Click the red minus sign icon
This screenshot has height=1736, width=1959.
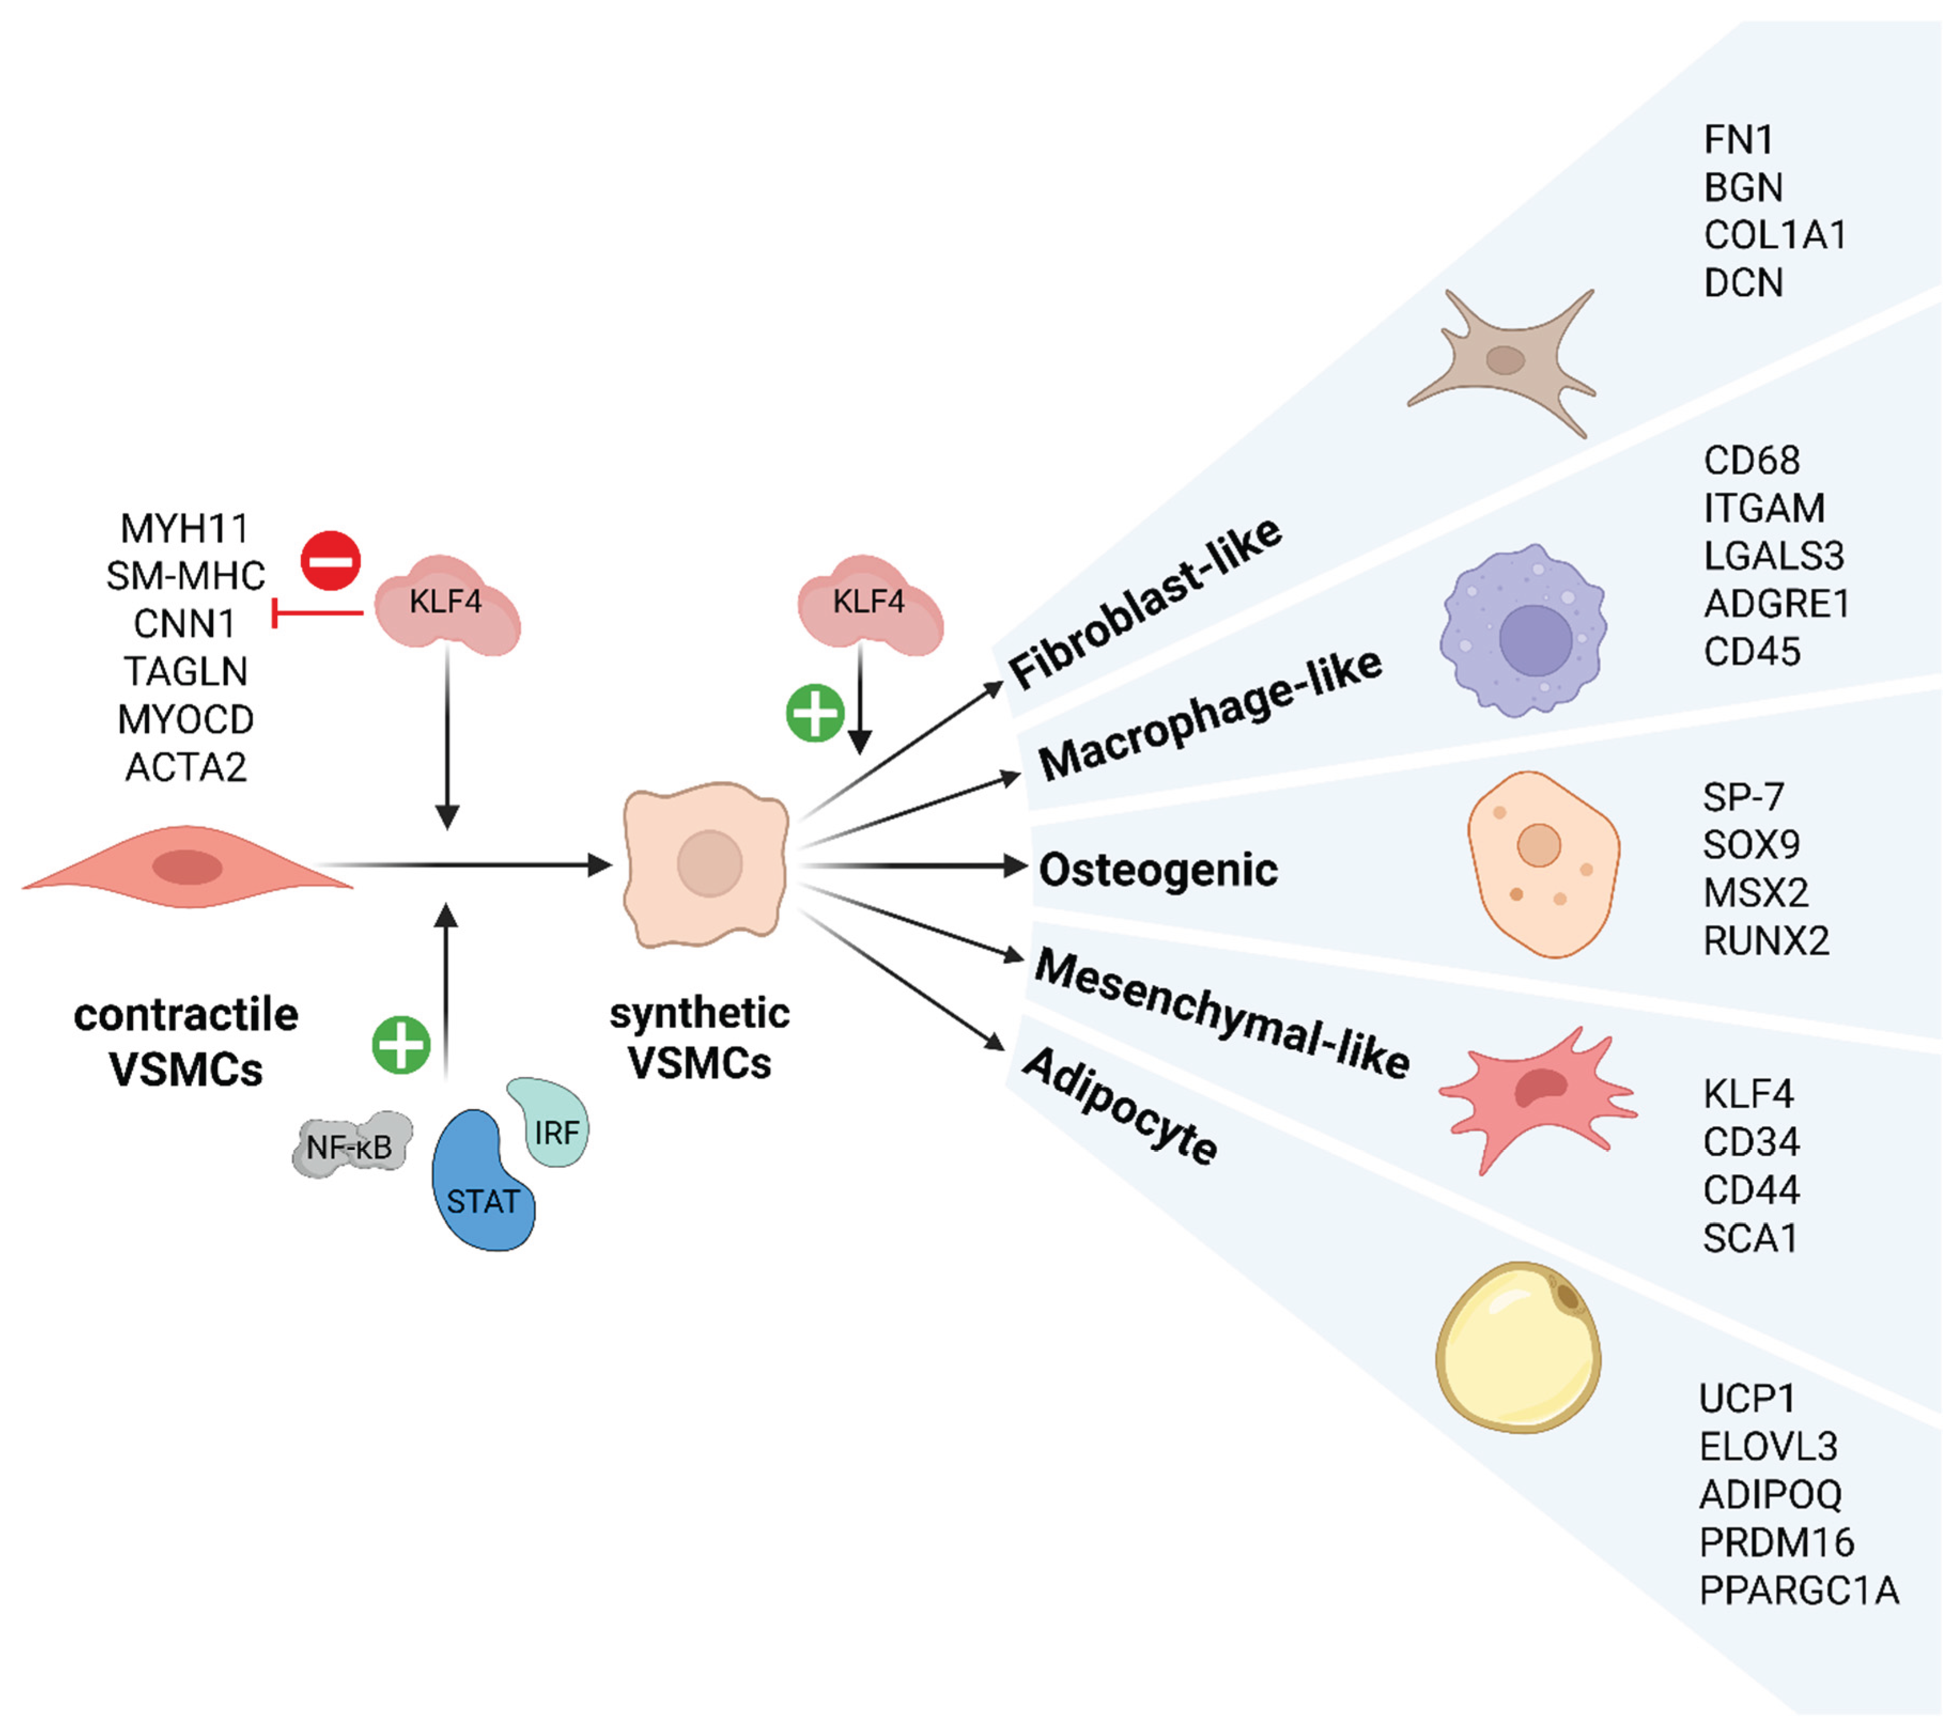tap(331, 561)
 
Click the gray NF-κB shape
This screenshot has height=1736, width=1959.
tap(351, 1145)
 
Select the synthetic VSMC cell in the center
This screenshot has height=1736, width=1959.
tap(706, 863)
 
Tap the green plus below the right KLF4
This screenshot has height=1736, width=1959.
tap(815, 713)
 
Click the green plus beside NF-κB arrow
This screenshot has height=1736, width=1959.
tap(401, 1045)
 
